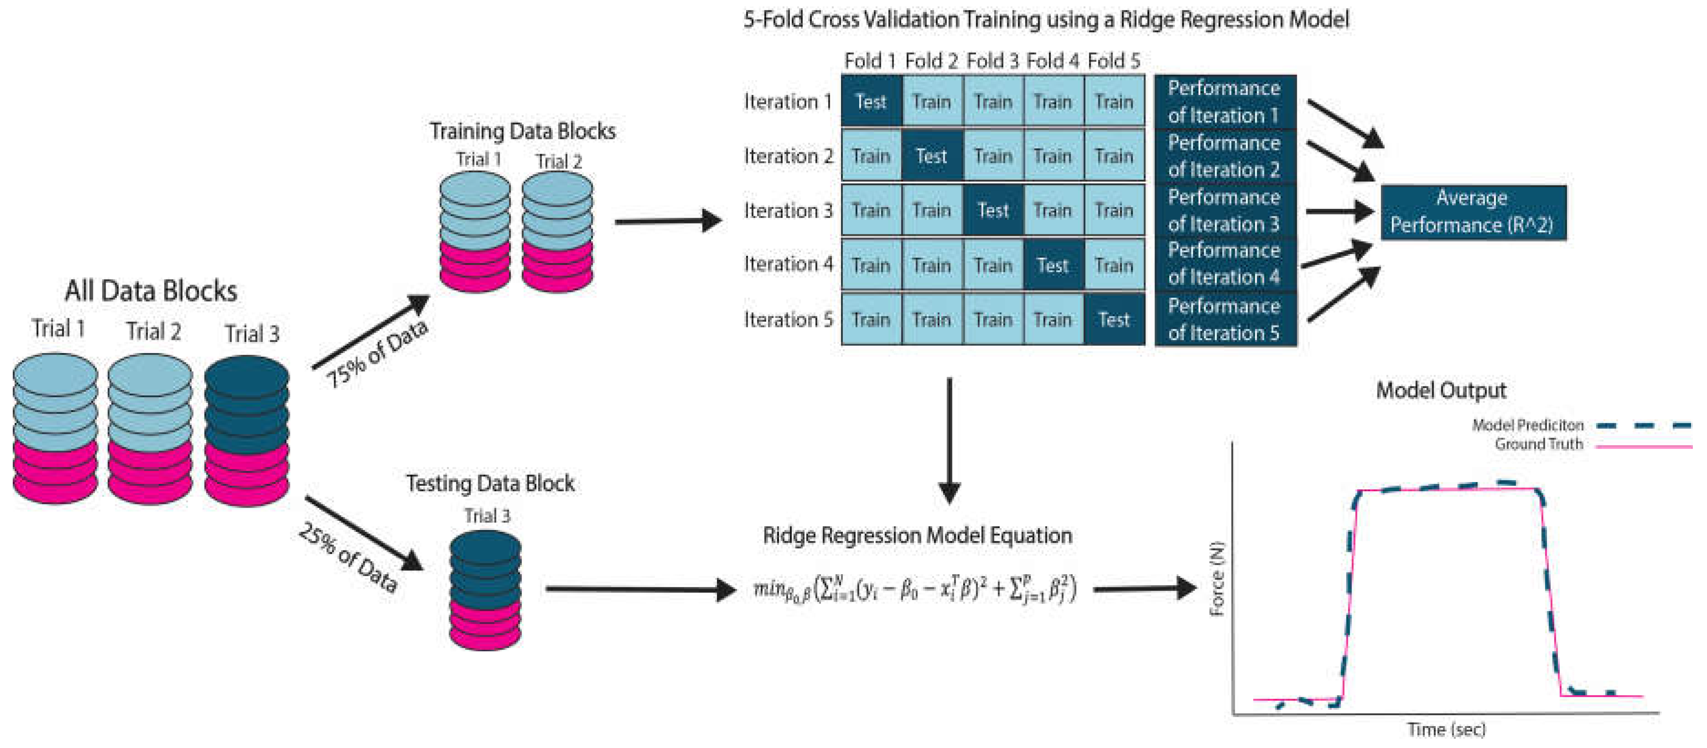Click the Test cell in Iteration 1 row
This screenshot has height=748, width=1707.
(870, 101)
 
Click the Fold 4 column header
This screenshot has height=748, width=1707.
(1052, 61)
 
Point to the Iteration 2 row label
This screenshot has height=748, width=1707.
(788, 156)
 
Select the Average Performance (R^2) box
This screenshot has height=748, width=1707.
(1472, 212)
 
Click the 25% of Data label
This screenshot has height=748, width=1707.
(348, 557)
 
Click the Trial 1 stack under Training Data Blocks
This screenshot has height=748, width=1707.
(474, 232)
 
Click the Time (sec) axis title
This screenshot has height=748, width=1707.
(1445, 729)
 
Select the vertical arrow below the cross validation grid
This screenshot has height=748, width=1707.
(949, 441)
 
